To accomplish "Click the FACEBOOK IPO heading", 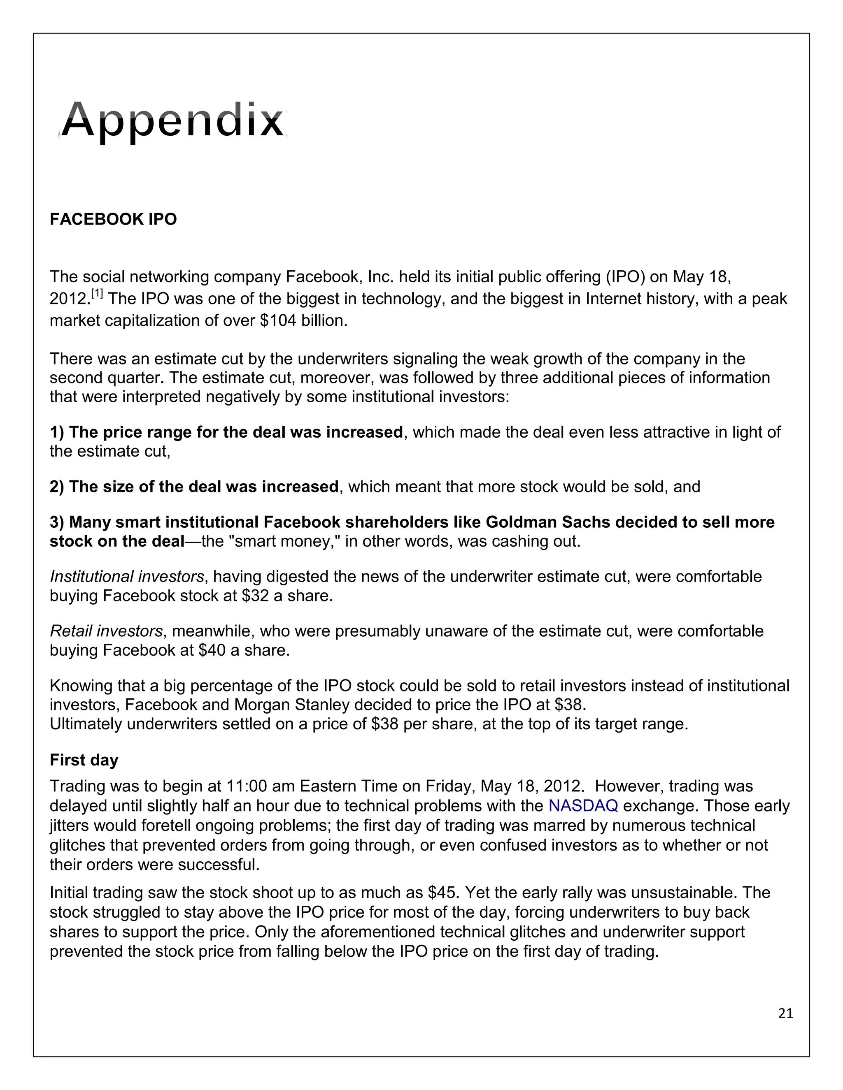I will click(113, 219).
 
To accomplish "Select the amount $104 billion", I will click(303, 320).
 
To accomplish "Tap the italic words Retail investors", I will click(106, 631).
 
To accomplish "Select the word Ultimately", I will click(85, 723).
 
